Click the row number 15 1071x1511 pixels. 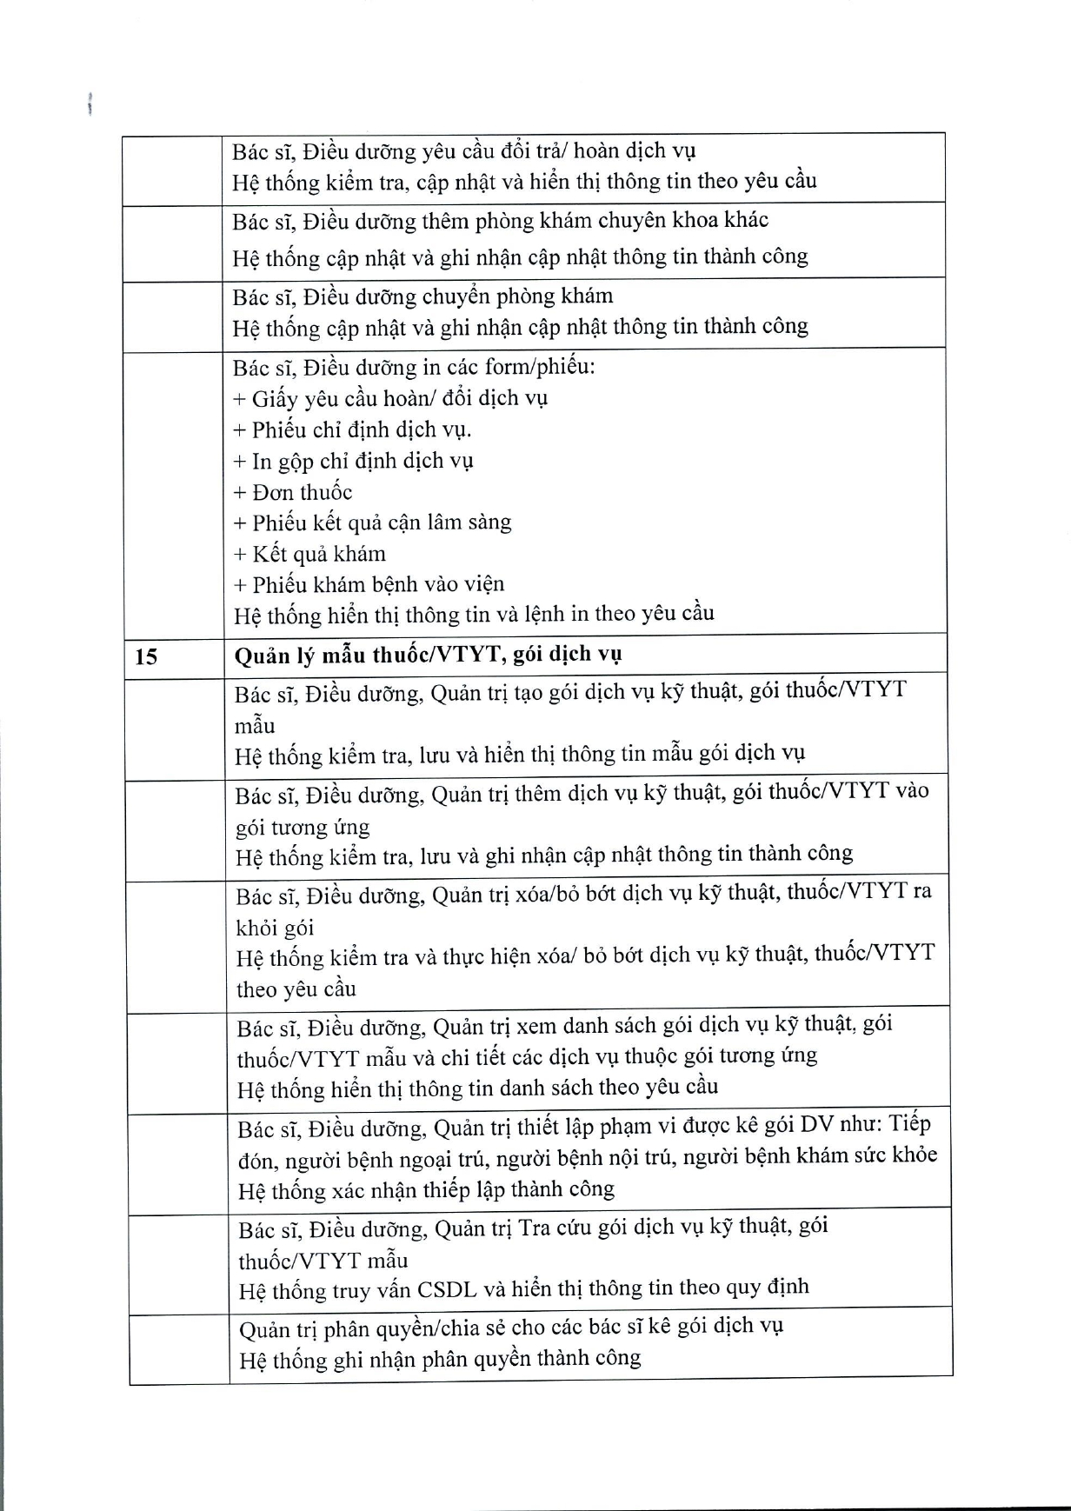[x=146, y=656]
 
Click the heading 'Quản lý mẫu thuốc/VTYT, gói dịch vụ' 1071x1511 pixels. [x=428, y=654]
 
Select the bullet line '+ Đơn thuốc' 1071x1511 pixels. [x=293, y=492]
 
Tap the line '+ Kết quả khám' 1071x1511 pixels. [x=309, y=554]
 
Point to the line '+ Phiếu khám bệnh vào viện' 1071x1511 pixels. [x=369, y=584]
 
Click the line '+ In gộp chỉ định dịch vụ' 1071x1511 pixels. [x=354, y=461]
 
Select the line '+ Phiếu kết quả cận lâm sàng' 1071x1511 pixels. [x=373, y=523]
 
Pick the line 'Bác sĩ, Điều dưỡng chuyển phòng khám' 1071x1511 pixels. [x=422, y=296]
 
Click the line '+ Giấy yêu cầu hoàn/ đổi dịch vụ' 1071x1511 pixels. [x=391, y=398]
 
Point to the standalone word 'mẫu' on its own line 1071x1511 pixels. [x=255, y=724]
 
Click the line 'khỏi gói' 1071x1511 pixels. [x=275, y=928]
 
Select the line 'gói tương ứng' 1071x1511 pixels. [x=303, y=826]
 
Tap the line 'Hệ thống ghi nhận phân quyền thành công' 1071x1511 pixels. [x=440, y=1358]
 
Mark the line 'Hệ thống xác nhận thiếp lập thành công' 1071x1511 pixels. [x=427, y=1188]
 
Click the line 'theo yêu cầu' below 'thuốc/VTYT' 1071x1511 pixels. [x=296, y=989]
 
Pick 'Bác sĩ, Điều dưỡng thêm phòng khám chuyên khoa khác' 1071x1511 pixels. [x=501, y=221]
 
